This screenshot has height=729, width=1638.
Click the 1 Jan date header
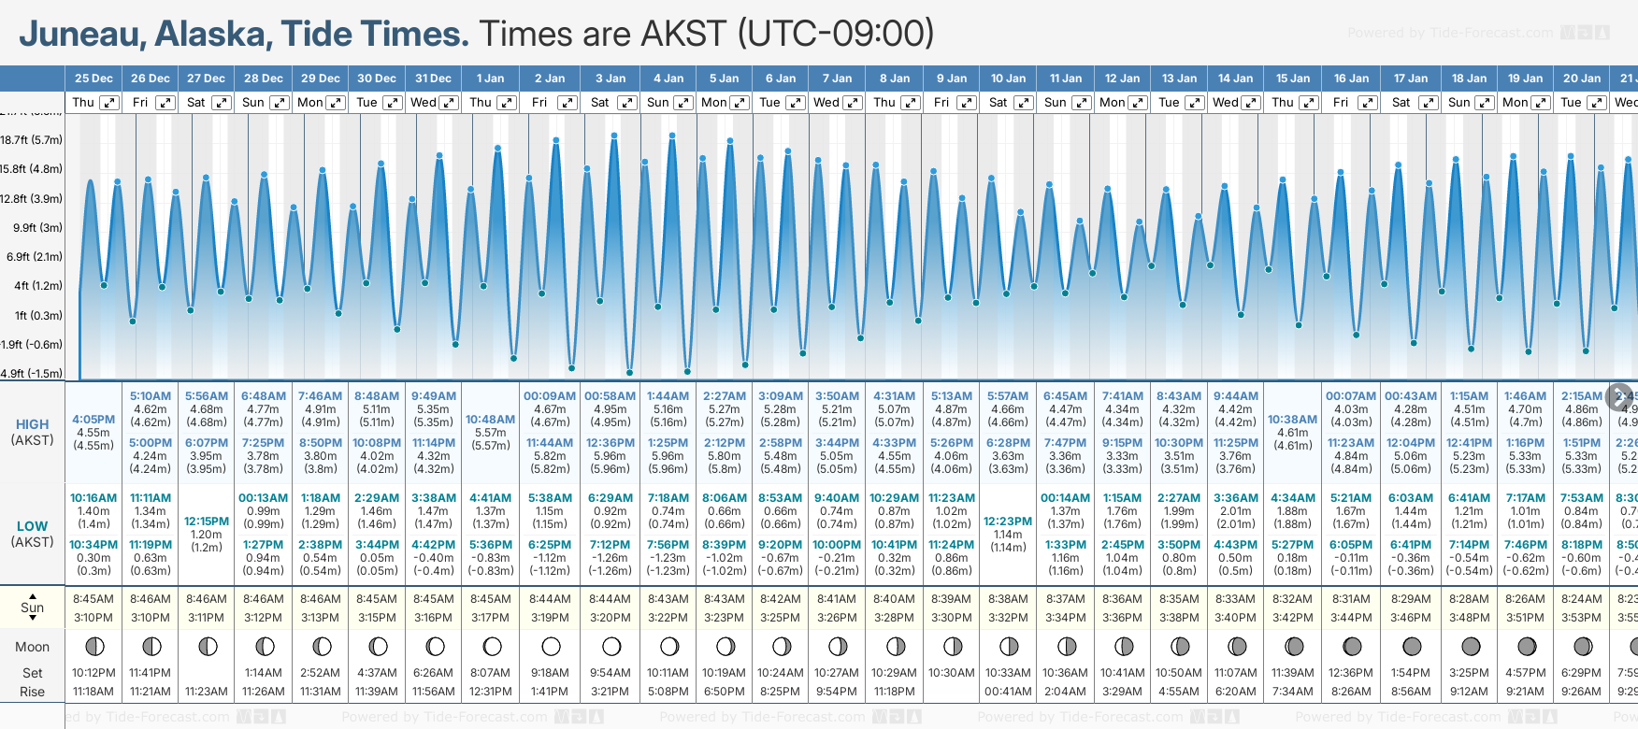coord(490,79)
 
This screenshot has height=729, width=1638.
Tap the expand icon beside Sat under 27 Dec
coord(222,103)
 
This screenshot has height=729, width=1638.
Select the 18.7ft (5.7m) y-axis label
coord(32,140)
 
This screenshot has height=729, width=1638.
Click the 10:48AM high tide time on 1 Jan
coord(490,420)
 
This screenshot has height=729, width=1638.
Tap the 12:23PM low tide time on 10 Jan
coord(1008,522)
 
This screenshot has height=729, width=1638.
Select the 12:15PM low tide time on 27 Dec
coord(207,522)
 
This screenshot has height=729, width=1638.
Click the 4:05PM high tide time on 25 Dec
coord(93,420)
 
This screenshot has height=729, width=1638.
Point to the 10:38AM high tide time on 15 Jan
coord(1292,420)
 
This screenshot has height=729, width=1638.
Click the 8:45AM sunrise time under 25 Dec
coord(93,599)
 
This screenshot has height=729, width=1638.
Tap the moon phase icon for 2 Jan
coord(551,647)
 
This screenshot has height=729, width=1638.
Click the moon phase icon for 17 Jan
coord(1411,647)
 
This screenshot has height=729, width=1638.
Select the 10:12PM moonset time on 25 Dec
coord(93,673)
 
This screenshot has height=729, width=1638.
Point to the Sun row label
coord(32,607)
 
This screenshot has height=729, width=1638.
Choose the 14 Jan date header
coord(1236,79)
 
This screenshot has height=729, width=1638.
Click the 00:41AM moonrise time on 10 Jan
coord(1008,692)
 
